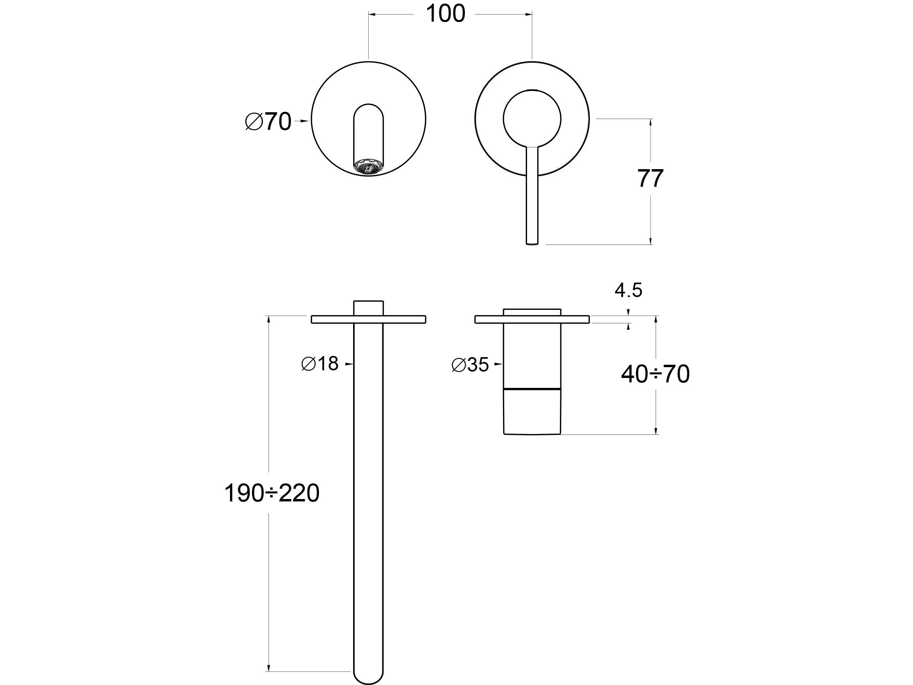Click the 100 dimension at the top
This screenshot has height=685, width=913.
[x=445, y=14]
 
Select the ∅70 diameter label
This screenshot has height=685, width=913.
[x=268, y=122]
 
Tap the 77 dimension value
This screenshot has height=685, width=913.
[x=650, y=178]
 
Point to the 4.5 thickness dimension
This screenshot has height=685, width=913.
[x=628, y=290]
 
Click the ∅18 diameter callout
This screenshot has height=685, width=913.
[x=320, y=364]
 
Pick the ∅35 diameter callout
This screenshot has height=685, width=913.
[x=470, y=365]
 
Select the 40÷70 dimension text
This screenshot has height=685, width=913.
[x=655, y=374]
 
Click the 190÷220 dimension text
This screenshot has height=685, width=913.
[x=272, y=493]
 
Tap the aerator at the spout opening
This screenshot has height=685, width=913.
[x=369, y=168]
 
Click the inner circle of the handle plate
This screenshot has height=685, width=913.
[x=532, y=119]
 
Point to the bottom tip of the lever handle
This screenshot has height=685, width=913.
[x=532, y=242]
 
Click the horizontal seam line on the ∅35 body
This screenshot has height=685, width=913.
[x=532, y=389]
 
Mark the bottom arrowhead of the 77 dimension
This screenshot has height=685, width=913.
[x=651, y=241]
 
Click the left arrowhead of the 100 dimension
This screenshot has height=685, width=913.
[x=372, y=14]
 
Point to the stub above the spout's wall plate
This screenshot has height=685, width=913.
[x=369, y=308]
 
